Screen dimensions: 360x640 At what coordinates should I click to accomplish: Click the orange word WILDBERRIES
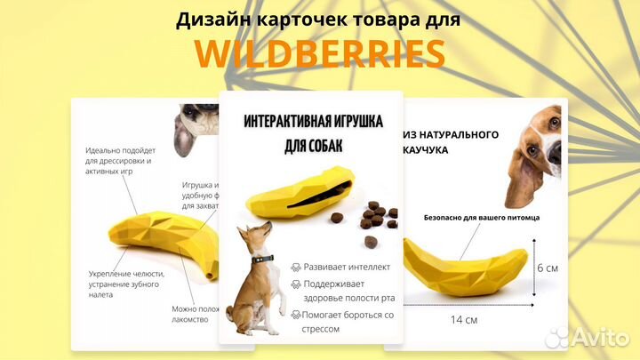pyautogui.click(x=320, y=54)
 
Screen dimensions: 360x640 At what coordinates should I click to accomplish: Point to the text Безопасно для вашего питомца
pyautogui.click(x=482, y=217)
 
